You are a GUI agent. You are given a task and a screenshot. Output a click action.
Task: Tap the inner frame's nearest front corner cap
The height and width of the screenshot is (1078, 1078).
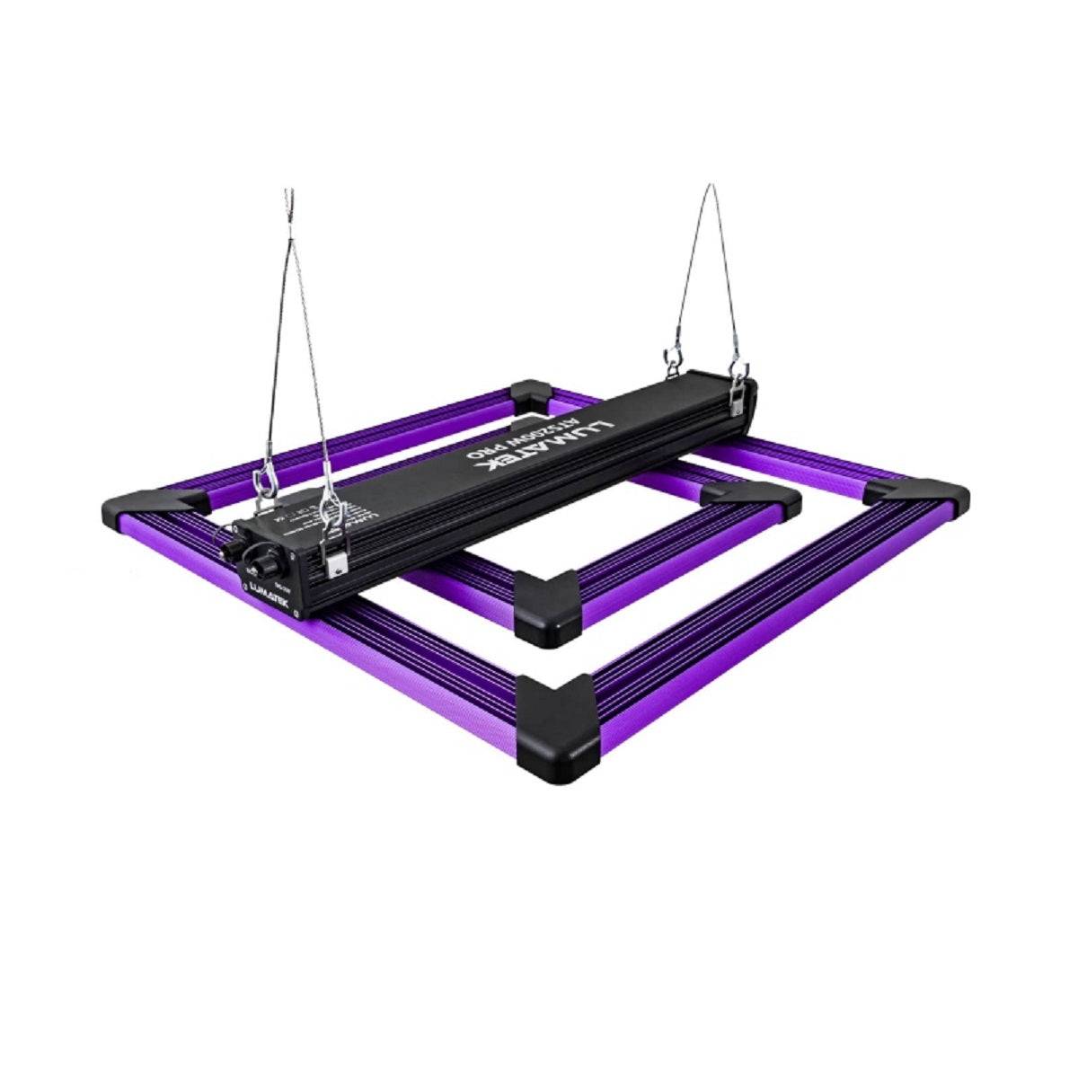click(544, 605)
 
